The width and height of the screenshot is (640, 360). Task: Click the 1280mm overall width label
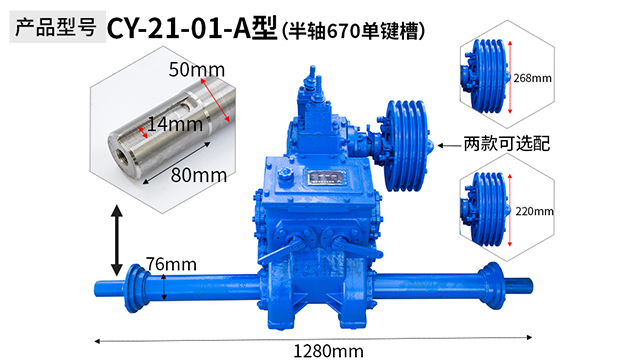(x=328, y=351)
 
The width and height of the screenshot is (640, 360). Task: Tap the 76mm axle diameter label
(x=171, y=264)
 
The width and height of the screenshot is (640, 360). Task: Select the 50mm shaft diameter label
(x=197, y=69)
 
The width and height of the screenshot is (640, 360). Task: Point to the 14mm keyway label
(x=175, y=124)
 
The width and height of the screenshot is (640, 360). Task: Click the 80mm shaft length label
(x=199, y=175)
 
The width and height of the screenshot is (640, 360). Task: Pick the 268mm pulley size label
(x=532, y=78)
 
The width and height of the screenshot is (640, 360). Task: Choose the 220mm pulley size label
(x=534, y=211)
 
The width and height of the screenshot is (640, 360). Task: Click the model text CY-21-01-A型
(x=192, y=29)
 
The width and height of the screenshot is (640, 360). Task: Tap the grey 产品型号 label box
(x=58, y=27)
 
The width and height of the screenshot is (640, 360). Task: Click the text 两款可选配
(x=507, y=144)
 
